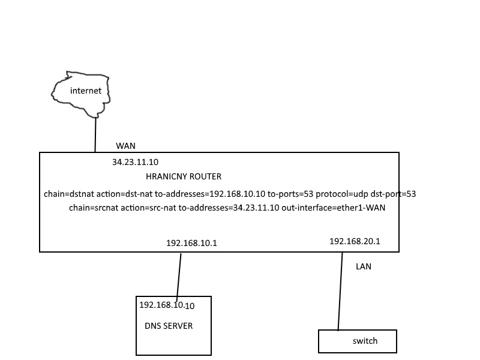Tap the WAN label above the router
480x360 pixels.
(x=125, y=146)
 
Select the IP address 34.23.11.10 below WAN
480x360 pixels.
(x=136, y=162)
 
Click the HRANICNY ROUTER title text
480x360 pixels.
(x=184, y=176)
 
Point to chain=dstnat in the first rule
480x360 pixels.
(x=69, y=194)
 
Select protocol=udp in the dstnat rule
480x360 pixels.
(x=341, y=194)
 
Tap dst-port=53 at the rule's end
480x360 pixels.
(x=393, y=194)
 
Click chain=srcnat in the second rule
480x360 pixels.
(x=94, y=208)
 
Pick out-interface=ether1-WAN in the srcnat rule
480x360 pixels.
(x=334, y=208)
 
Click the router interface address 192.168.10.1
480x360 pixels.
(x=191, y=243)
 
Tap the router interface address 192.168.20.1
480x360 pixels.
(x=355, y=242)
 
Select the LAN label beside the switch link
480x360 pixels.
(x=364, y=266)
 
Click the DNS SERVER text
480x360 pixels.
(x=169, y=326)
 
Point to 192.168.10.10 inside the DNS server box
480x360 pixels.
(x=167, y=305)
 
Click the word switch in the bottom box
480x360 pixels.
(x=365, y=341)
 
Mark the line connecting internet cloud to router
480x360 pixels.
(x=95, y=134)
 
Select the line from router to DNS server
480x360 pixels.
(x=179, y=277)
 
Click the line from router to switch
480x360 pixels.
(x=340, y=292)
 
